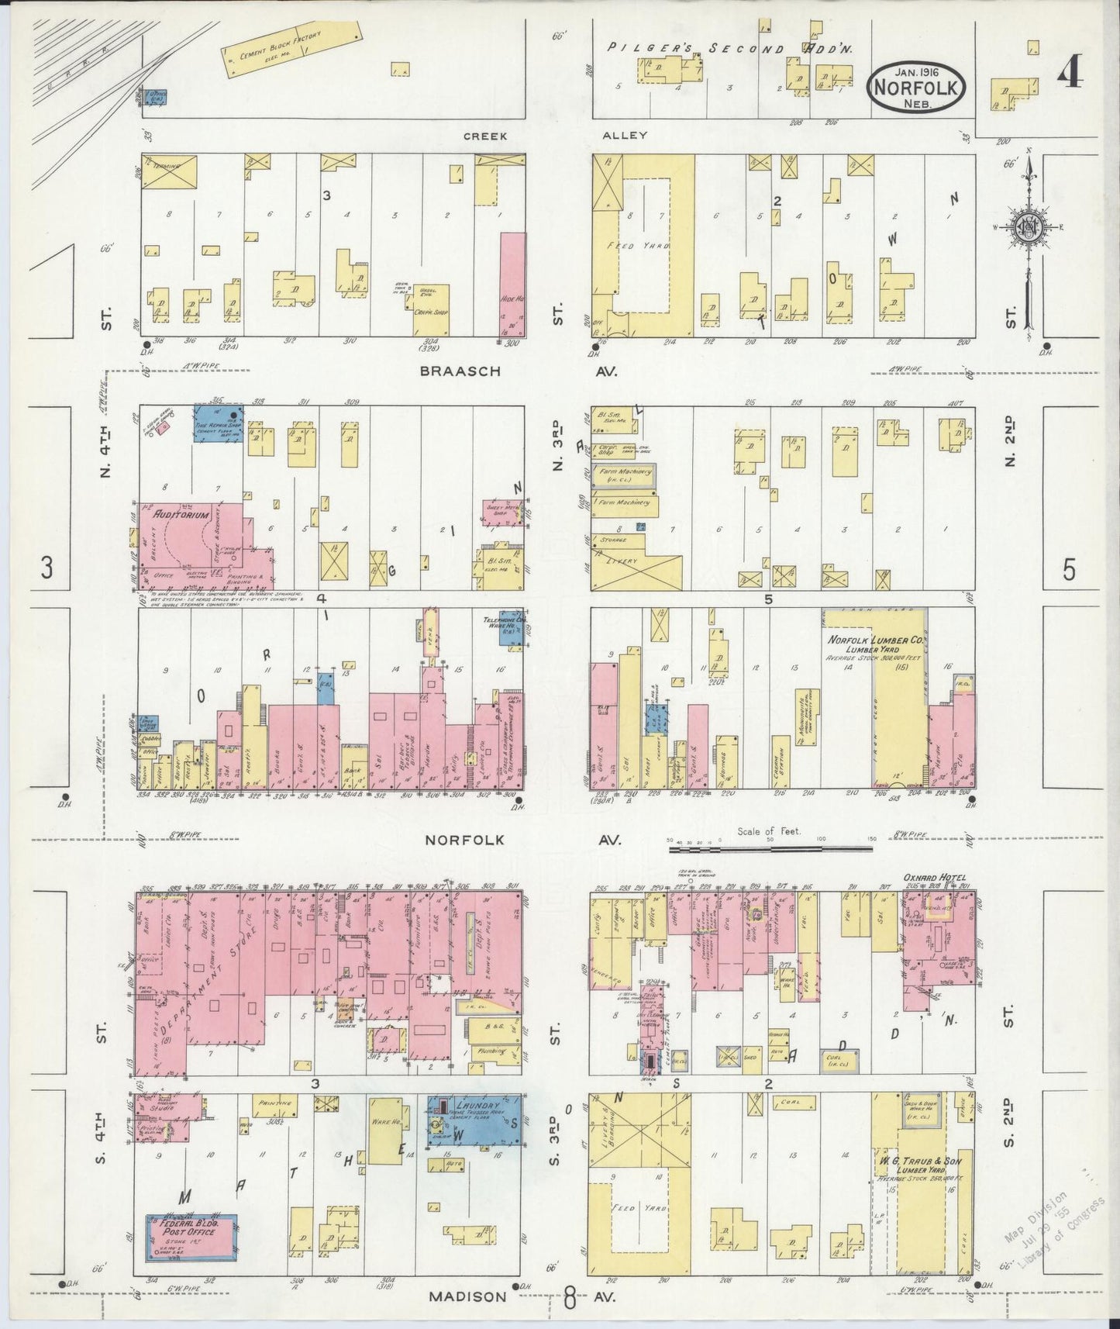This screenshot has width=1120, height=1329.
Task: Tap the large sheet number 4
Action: [1070, 74]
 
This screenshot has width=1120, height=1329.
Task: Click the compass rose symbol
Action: [1028, 228]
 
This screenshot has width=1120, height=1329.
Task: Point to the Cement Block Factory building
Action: [293, 49]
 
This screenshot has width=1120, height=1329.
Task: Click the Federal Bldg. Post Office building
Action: [191, 1238]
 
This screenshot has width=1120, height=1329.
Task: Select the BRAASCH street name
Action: [460, 371]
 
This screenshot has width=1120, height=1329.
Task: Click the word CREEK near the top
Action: [485, 136]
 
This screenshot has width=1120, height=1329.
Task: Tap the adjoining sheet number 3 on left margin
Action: [47, 570]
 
